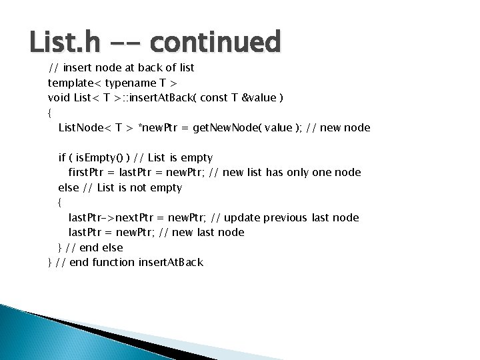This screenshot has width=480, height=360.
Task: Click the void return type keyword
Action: [59, 98]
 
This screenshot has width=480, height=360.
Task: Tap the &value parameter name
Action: [262, 98]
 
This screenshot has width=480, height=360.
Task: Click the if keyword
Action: [62, 157]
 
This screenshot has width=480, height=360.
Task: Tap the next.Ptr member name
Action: [139, 217]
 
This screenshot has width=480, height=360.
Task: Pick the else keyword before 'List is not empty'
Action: [69, 187]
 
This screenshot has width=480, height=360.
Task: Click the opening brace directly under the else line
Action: [60, 202]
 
